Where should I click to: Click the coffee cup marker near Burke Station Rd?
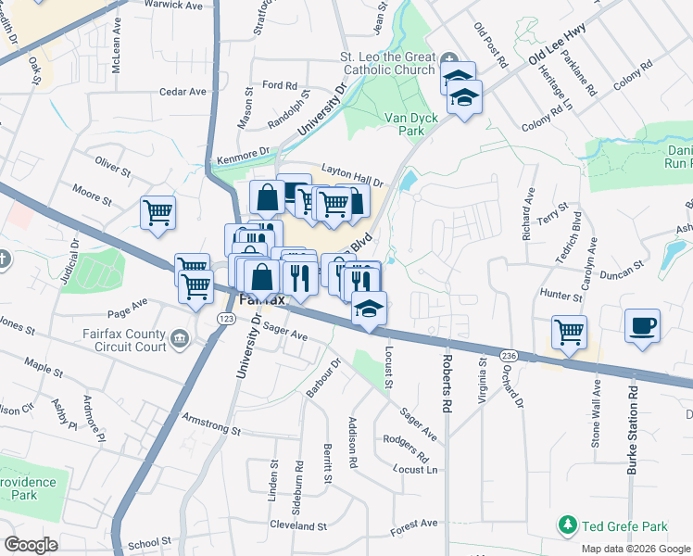tap(641, 327)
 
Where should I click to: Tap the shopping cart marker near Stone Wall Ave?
tap(568, 331)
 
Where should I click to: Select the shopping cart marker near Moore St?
tap(157, 212)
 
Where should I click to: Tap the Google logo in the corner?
tap(31, 545)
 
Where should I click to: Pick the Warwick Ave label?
tap(174, 5)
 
